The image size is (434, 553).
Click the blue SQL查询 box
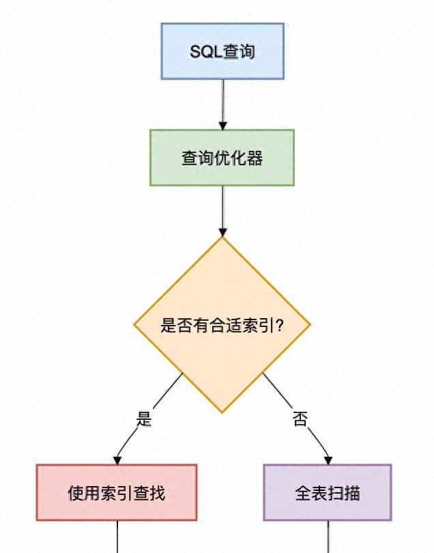222,51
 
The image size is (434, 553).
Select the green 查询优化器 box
222,158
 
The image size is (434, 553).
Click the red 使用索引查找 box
116,492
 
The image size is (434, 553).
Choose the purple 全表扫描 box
328,492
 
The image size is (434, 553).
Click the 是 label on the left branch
143,419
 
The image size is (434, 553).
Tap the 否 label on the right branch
300,418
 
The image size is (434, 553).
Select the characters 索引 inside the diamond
256,326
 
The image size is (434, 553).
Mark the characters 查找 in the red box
151,493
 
